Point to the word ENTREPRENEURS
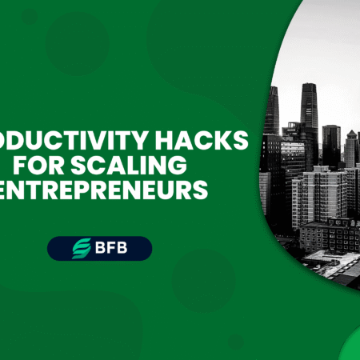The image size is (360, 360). coord(104,192)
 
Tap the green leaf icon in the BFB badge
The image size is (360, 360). coord(80,249)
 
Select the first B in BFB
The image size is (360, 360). coord(98,249)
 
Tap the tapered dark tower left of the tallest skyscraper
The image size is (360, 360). coord(273,112)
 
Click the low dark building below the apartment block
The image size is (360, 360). coord(328,236)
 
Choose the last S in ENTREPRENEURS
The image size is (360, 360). coord(202,192)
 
